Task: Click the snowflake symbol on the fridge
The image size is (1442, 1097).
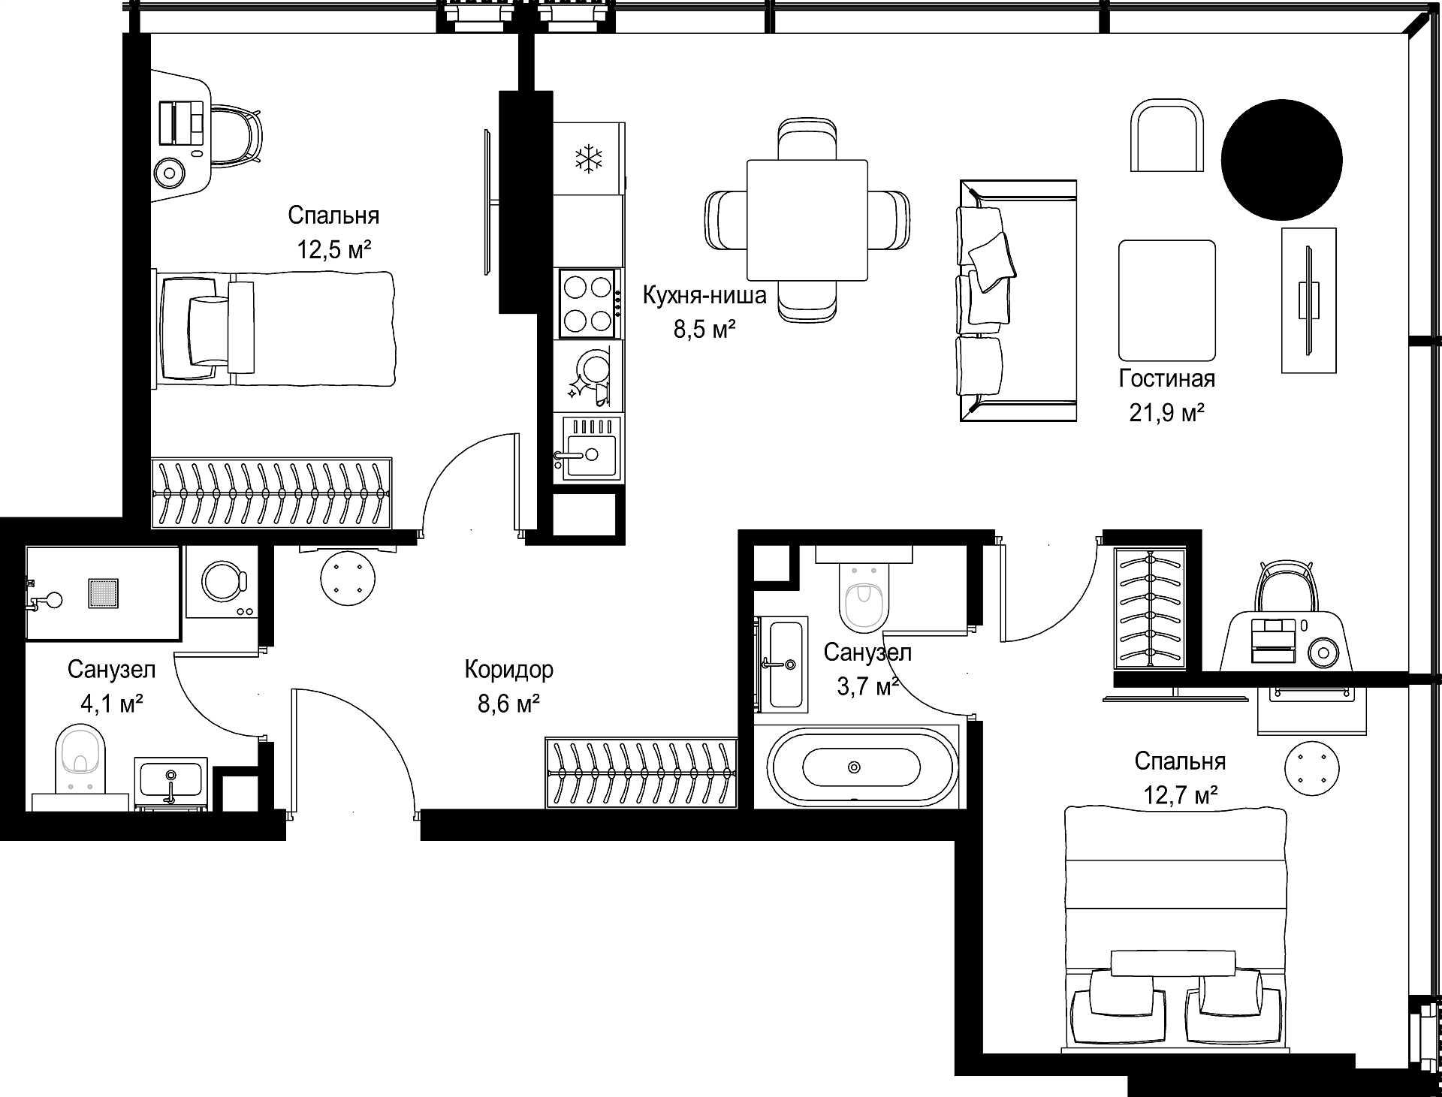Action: coord(590,158)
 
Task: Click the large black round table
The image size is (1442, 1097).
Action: coord(1281,159)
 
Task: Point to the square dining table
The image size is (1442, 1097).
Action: coord(807,220)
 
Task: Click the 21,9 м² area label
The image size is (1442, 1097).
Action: coord(1166,413)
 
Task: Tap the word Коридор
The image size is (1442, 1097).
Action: coord(508,669)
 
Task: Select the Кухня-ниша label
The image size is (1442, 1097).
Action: coord(704,296)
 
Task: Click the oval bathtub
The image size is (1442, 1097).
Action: coord(861,767)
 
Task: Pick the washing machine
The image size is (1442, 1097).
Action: coord(222,582)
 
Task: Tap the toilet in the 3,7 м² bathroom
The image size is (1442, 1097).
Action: coord(863,589)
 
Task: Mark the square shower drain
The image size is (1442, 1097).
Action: coord(104,592)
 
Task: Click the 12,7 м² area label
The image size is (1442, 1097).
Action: coord(1181,794)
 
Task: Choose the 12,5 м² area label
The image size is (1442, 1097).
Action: coord(334,249)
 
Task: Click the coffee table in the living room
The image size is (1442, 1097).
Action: coord(1167,300)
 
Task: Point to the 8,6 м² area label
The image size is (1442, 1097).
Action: coord(508,704)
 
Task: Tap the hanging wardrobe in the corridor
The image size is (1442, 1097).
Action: coord(641,773)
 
